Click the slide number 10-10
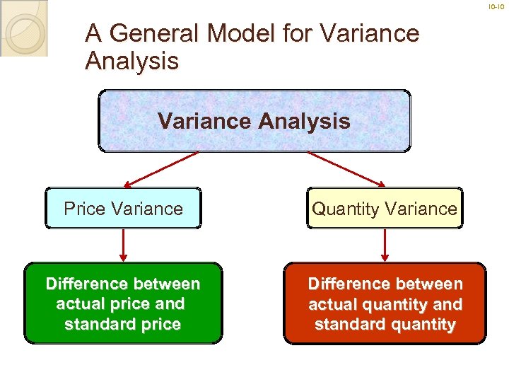tap(497, 7)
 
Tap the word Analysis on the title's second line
tap(131, 62)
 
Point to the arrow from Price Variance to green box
tap(124, 245)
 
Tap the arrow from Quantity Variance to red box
tap(385, 245)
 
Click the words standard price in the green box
tap(122, 325)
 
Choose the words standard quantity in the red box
tap(385, 325)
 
